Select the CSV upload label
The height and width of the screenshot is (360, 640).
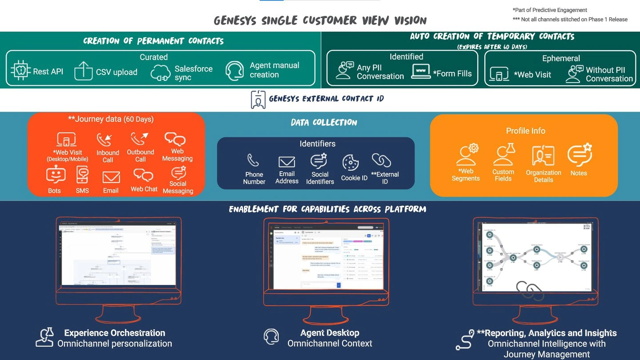pos(116,72)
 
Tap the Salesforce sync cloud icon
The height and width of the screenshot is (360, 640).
pos(160,73)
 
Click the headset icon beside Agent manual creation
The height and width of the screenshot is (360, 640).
pos(235,71)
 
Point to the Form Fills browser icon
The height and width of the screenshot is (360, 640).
pos(420,72)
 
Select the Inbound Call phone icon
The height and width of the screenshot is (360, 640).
pos(104,140)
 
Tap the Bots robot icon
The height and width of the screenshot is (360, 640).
pos(56,175)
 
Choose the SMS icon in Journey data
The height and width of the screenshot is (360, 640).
pos(83,175)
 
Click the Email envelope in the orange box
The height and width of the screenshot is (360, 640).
pos(111,177)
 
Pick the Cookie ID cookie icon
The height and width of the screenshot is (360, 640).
pos(351,163)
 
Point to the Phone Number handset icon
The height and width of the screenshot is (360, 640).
pos(253,160)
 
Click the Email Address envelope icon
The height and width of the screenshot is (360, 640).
pos(287,162)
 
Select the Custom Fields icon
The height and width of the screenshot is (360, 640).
pos(504,155)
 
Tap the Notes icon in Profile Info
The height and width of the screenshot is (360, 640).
pos(579,155)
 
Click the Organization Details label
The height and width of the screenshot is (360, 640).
pos(544,176)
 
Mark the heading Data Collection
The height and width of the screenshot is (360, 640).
pos(324,123)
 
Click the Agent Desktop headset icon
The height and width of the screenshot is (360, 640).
pos(271,337)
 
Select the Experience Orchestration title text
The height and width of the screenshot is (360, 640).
pos(115,333)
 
